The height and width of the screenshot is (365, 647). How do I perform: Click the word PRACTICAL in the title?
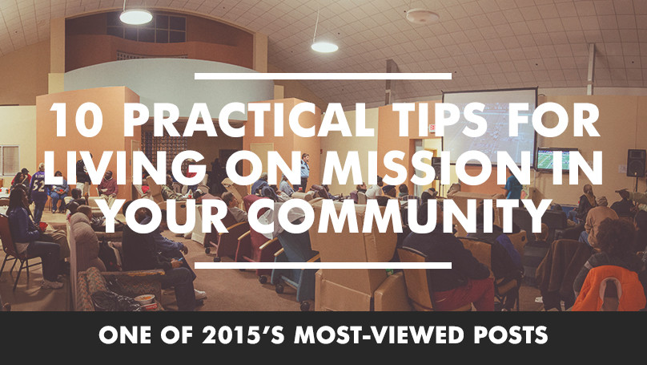[244, 120]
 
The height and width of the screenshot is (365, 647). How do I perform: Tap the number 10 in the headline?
[77, 120]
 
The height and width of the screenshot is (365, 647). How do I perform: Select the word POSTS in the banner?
[511, 335]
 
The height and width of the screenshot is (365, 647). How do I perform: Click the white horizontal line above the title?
[323, 76]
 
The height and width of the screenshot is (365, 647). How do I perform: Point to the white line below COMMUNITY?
[323, 266]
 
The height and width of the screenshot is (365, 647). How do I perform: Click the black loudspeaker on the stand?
[636, 163]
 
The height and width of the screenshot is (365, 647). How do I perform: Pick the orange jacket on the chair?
[609, 288]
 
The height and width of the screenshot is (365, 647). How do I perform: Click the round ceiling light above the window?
[136, 17]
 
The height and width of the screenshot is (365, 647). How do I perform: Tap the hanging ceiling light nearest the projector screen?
[324, 47]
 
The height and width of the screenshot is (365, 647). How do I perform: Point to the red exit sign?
[432, 128]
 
